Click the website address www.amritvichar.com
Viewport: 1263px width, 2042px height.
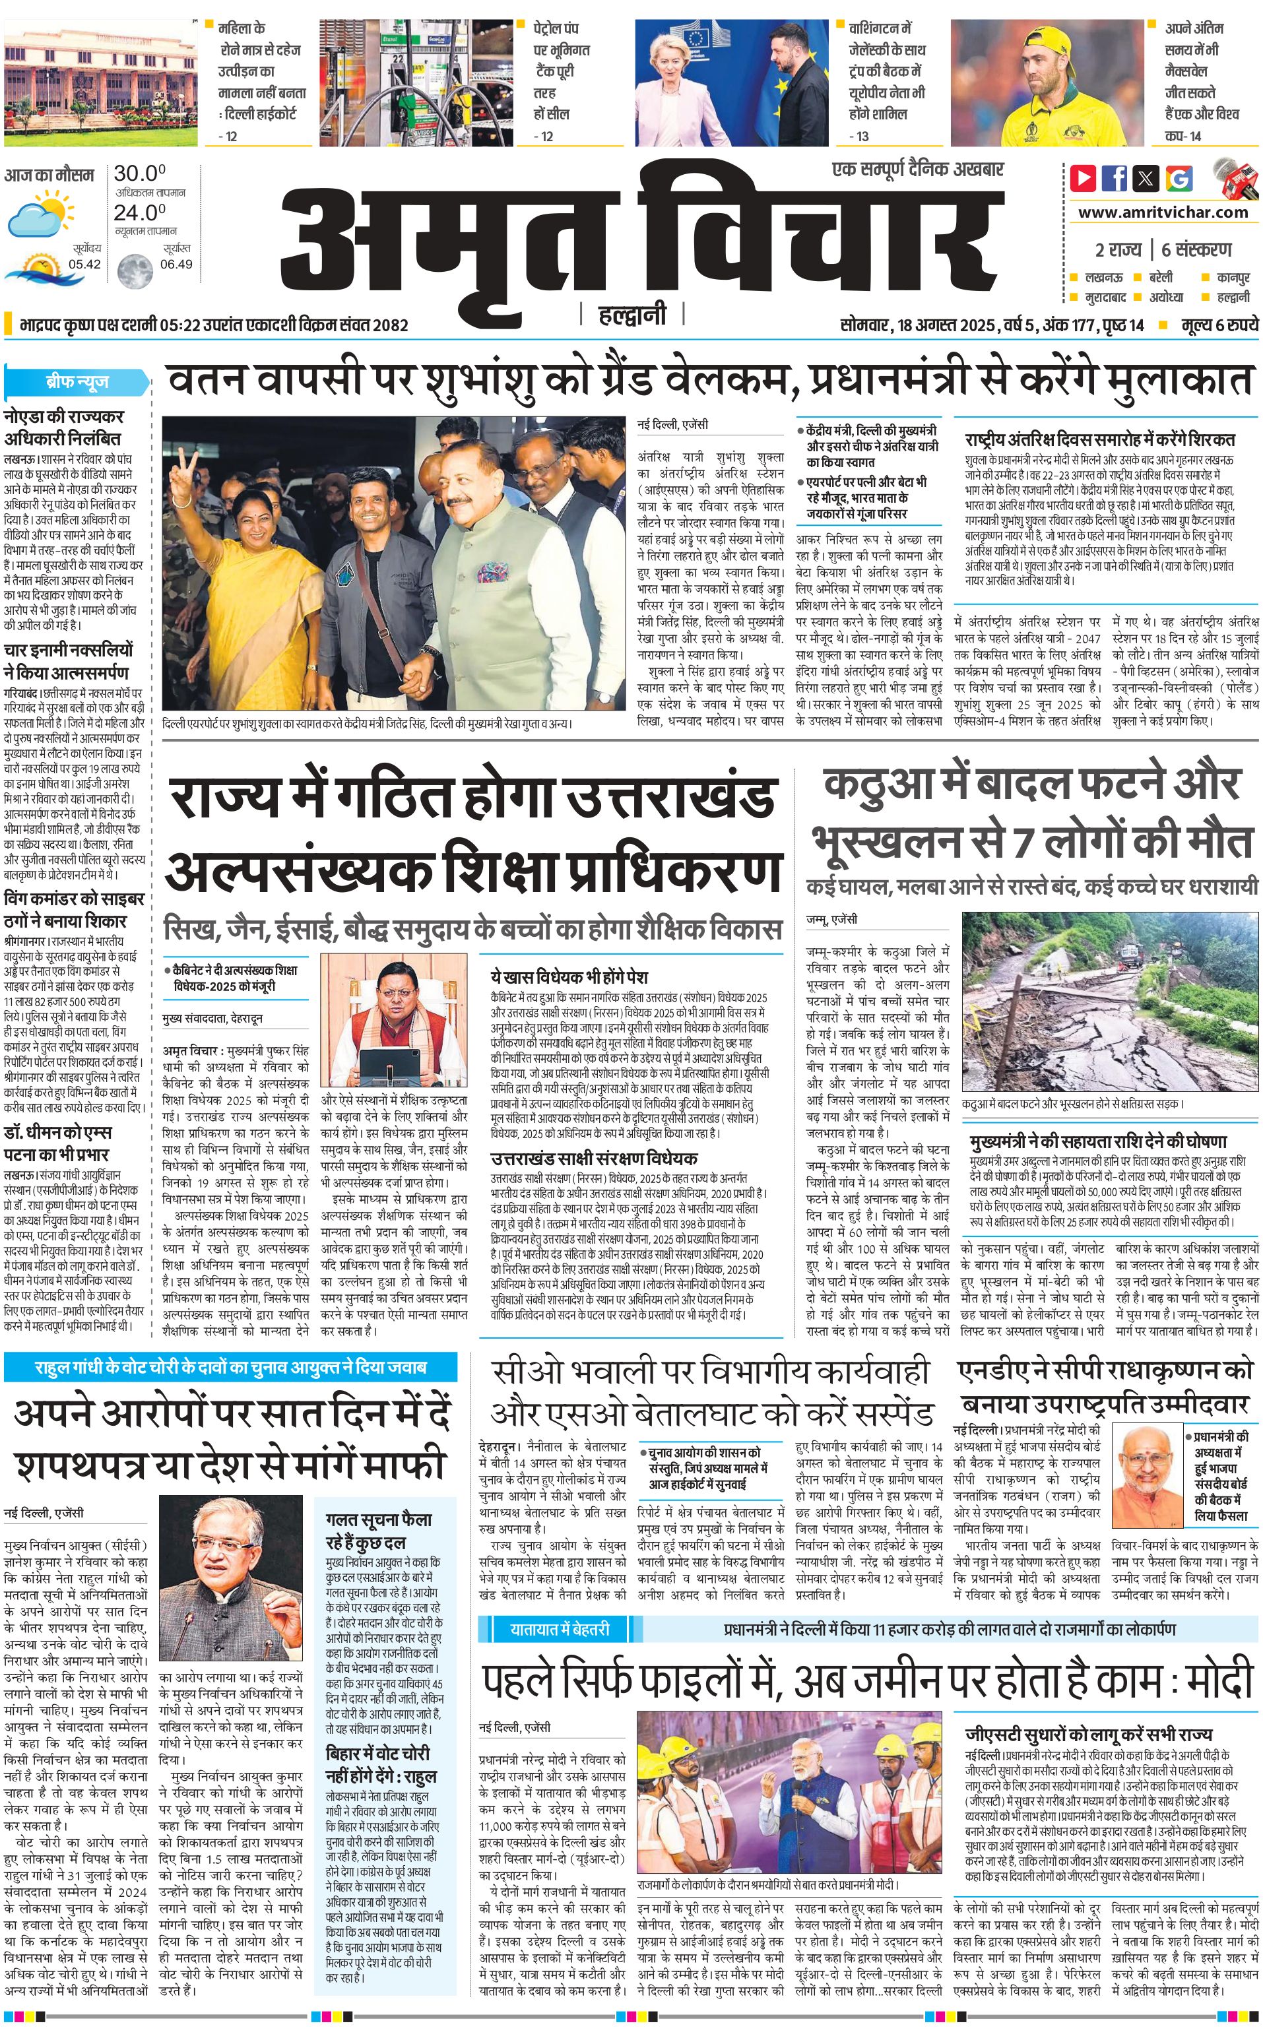pos(1163,212)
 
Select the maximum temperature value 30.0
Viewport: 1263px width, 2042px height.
pos(139,174)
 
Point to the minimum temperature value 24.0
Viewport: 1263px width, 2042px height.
pos(139,213)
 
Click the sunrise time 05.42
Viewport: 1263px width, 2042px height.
pos(84,264)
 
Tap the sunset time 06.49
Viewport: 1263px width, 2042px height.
pos(176,264)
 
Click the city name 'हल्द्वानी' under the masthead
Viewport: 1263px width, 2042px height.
pos(632,315)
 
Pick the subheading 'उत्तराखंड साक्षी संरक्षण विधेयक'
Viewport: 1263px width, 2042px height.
pos(594,1159)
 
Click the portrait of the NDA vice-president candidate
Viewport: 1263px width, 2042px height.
pos(1150,1467)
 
